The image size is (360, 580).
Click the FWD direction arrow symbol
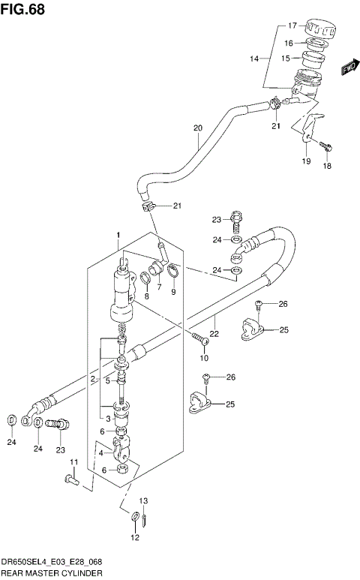347,70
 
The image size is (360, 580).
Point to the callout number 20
198,128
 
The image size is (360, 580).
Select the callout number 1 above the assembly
118,236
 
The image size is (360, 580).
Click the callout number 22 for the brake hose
213,333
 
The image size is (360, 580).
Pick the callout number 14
254,59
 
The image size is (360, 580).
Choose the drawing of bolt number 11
70,478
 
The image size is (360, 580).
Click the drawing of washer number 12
134,517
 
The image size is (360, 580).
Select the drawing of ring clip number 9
173,272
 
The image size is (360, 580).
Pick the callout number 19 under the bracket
305,161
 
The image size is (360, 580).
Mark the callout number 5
107,381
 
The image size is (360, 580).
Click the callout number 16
288,44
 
